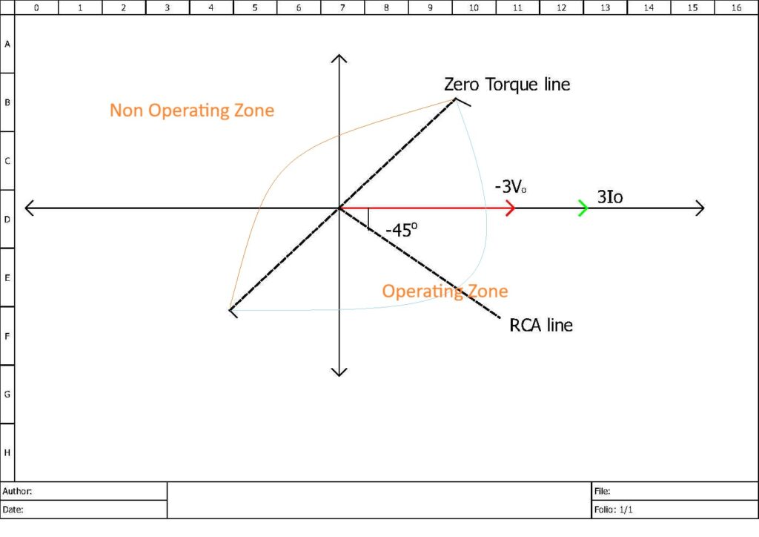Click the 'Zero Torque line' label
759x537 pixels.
507,85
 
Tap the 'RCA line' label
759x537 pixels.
541,325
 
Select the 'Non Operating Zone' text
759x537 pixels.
192,111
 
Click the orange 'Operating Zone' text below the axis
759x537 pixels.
445,291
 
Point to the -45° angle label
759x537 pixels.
402,229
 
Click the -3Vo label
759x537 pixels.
510,186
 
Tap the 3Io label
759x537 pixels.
610,197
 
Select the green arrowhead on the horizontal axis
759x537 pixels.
584,208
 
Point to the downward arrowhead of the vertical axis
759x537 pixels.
339,372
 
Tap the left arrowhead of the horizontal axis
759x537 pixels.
29,208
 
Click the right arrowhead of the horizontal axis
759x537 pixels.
700,208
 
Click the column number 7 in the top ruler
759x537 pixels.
342,7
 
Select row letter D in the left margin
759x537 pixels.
7,220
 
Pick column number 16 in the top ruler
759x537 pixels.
736,7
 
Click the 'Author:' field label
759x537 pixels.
17,491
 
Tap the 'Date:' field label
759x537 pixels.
13,510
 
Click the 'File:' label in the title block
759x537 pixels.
602,491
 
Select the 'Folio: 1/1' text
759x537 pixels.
613,510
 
